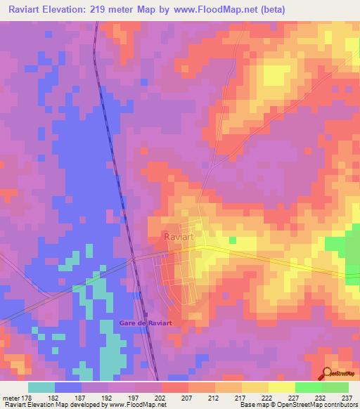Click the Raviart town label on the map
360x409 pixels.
(178, 238)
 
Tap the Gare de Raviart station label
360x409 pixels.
(146, 322)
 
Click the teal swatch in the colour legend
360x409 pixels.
(41, 387)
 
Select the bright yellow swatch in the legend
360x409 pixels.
(281, 387)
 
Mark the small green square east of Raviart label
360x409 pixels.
(233, 241)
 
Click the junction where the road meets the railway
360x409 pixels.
(133, 259)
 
